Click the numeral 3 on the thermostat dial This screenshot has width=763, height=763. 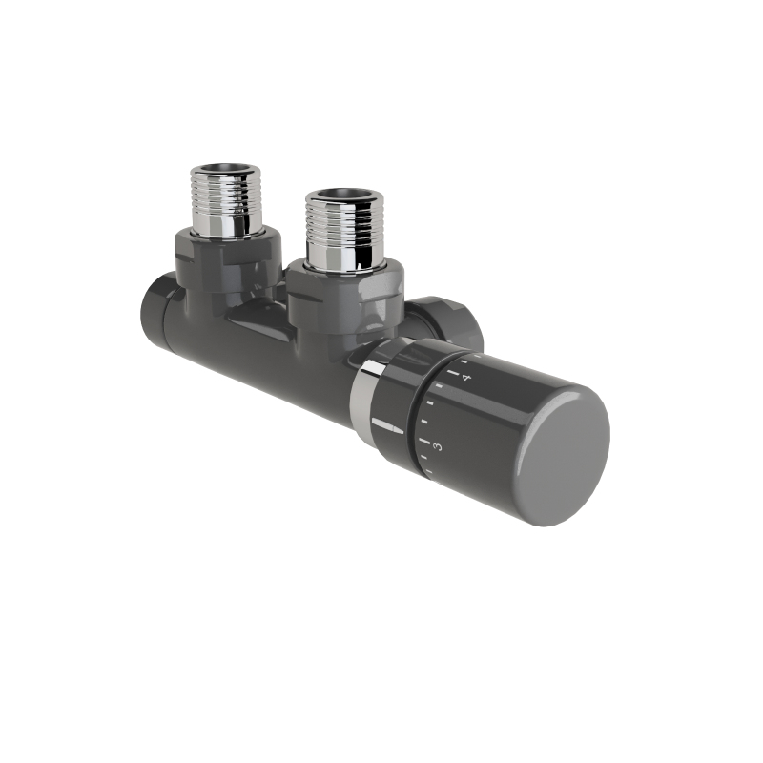tap(438, 445)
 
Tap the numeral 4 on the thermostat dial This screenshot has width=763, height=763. tap(466, 378)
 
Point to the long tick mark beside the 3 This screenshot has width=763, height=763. tap(424, 443)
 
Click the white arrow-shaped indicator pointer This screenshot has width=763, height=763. tap(387, 424)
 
